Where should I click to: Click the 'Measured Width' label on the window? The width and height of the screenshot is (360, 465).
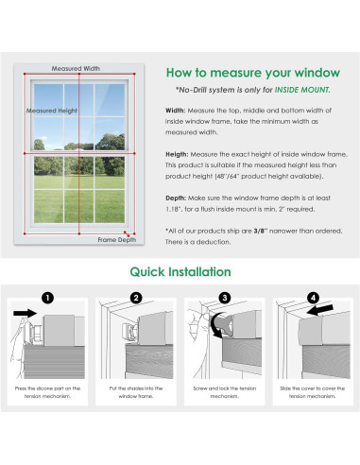77,69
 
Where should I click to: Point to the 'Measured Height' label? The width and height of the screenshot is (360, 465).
52,111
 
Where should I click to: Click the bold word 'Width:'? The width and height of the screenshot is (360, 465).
176,110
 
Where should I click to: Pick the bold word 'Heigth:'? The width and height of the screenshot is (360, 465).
178,154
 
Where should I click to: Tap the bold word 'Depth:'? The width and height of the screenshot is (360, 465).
177,198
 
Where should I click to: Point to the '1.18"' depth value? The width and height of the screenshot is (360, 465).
178,209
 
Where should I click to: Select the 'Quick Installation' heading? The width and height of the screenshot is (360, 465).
180,272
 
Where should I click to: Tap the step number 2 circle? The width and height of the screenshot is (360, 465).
135,298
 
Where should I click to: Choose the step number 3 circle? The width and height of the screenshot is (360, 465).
224,298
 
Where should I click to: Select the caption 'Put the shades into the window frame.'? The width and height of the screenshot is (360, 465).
135,392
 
